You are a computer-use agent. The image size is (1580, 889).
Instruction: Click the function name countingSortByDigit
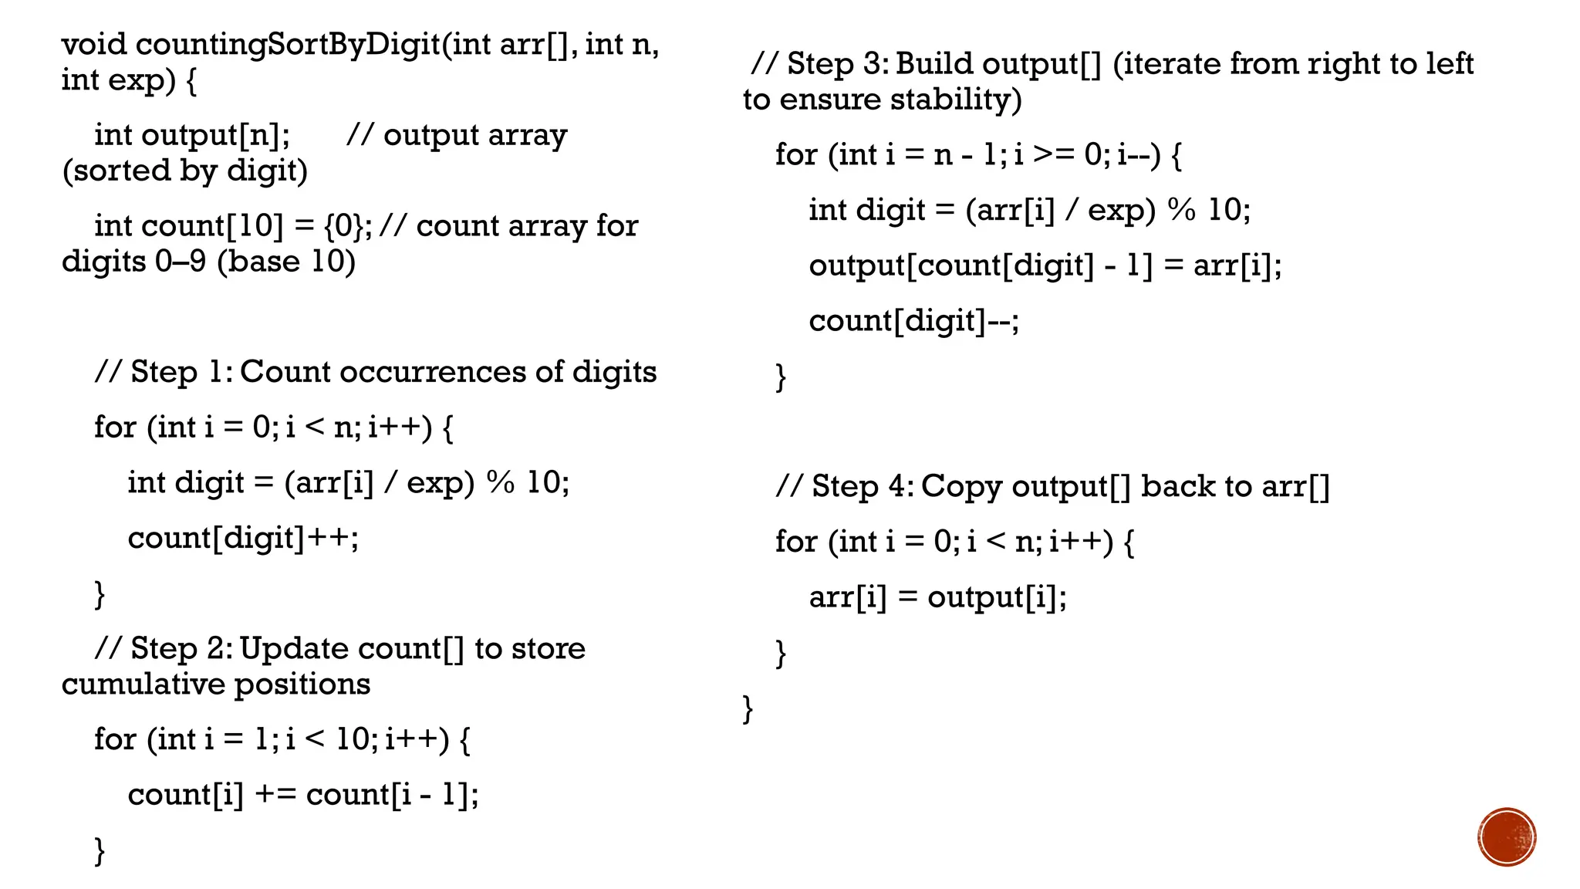coord(288,45)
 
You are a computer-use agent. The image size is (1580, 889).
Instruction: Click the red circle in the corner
coord(1507,837)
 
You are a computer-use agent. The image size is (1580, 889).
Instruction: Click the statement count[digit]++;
coord(243,538)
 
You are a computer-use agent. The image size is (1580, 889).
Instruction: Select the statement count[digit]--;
coord(913,320)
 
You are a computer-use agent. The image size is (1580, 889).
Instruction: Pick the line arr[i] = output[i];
coord(937,597)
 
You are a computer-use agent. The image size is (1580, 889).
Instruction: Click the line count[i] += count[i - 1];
coord(303,794)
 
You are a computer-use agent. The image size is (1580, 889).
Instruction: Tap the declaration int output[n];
coord(192,135)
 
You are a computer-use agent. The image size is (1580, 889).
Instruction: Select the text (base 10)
coord(286,262)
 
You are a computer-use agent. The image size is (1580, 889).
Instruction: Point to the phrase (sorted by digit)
coord(184,171)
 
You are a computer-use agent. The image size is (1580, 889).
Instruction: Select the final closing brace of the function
coord(748,708)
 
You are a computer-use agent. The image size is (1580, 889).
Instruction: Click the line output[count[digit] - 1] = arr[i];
coord(1045,265)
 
